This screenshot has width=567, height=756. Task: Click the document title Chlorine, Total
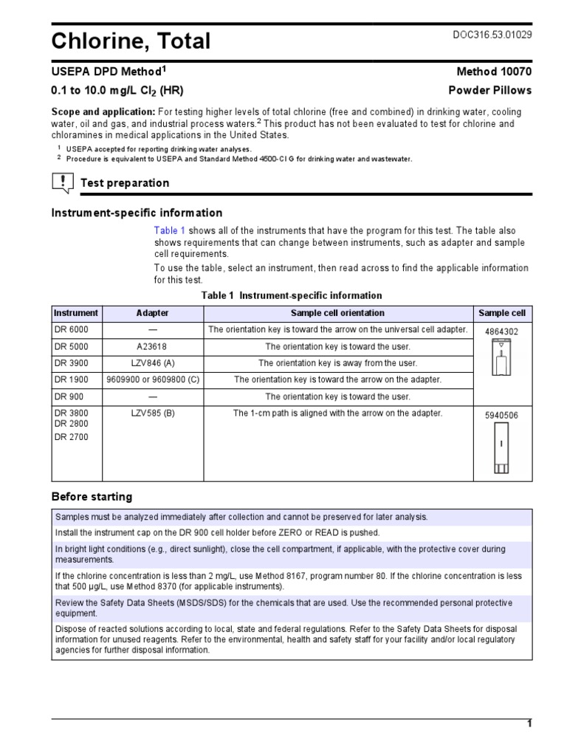tap(131, 42)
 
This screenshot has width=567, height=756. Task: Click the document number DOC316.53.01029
tap(492, 35)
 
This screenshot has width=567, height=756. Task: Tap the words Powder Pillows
tap(490, 90)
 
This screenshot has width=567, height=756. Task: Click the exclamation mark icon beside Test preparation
tap(63, 182)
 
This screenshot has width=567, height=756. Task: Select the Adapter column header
tap(152, 313)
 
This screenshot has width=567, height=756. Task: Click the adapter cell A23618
tap(152, 346)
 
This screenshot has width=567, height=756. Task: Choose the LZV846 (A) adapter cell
tap(152, 363)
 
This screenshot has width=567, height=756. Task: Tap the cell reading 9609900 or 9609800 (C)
tap(152, 379)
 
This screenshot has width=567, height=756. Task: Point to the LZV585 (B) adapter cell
tap(152, 413)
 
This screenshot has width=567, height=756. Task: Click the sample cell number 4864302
tap(501, 332)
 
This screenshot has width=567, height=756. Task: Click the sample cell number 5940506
tap(501, 416)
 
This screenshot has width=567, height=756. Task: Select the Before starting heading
tap(92, 496)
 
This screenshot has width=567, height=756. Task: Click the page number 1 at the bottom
tap(529, 724)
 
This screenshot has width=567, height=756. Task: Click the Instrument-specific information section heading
tap(137, 213)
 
